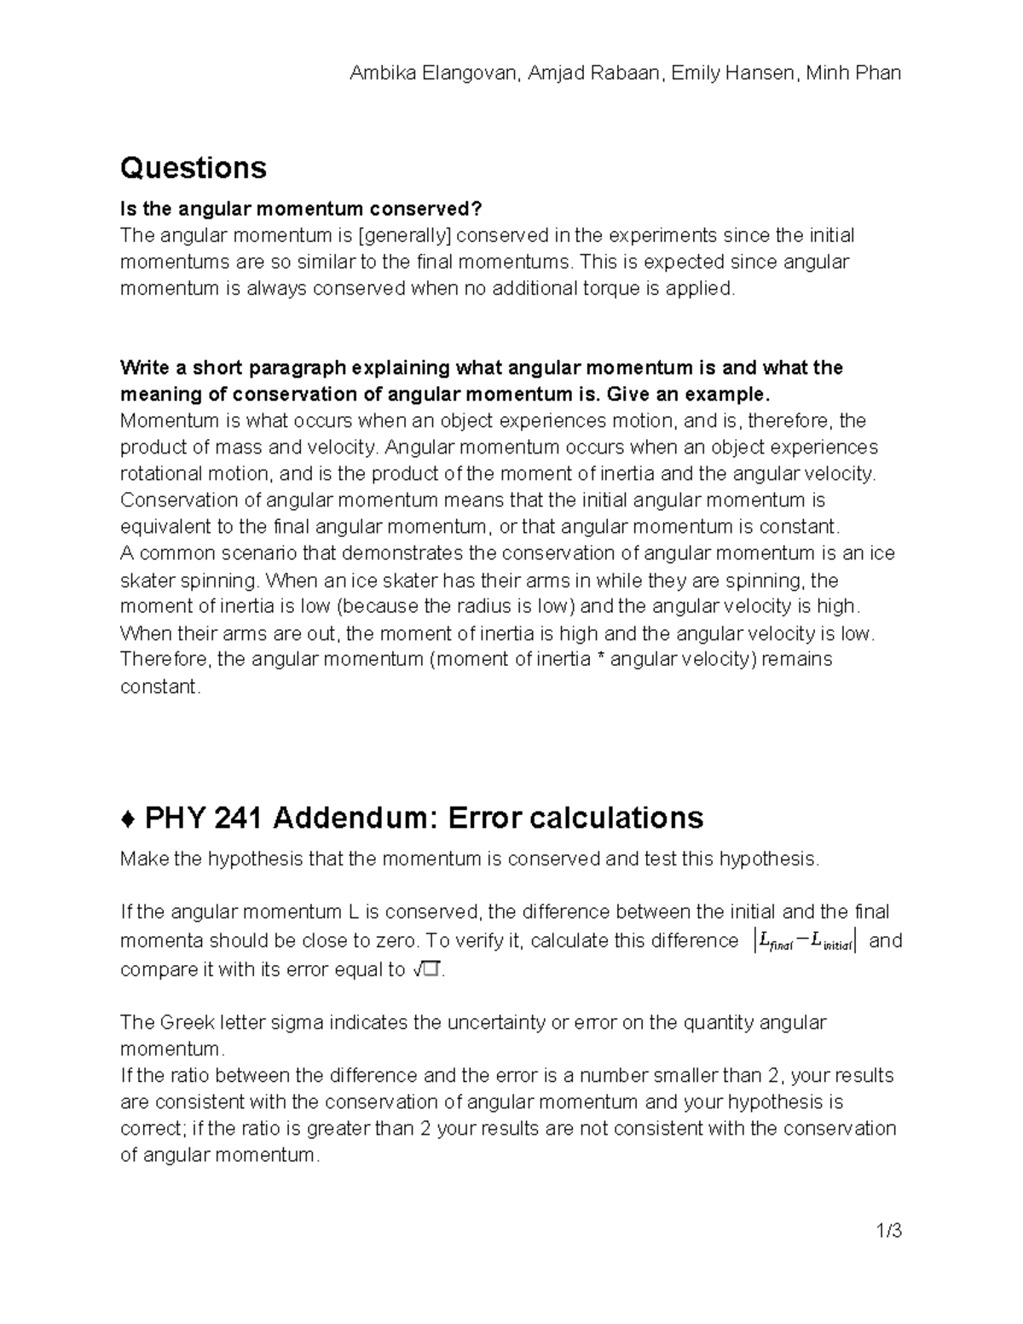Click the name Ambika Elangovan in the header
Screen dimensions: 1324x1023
click(434, 73)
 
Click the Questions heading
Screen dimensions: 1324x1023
click(194, 168)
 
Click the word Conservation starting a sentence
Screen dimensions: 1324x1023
click(176, 500)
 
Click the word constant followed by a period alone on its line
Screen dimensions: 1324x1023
click(160, 687)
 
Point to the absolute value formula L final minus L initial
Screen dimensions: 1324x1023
click(806, 941)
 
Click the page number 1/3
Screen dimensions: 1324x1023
click(887, 1231)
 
